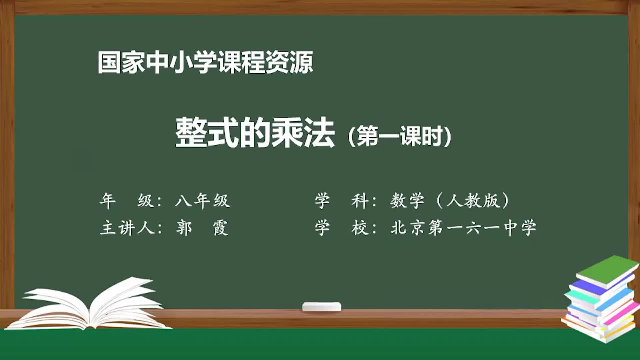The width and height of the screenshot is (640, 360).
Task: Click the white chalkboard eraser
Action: click(x=322, y=306)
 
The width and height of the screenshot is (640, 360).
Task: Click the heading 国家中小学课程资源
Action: click(x=205, y=62)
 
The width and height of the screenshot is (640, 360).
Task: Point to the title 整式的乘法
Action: click(x=255, y=133)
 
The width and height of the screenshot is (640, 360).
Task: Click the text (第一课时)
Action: click(x=399, y=136)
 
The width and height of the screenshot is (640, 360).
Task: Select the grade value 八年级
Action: click(x=202, y=201)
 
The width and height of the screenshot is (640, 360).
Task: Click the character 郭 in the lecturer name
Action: click(x=184, y=228)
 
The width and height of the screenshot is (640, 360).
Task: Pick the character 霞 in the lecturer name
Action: click(x=221, y=228)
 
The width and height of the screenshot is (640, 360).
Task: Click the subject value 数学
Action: click(x=407, y=201)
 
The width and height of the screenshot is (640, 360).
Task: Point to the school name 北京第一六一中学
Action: click(x=463, y=228)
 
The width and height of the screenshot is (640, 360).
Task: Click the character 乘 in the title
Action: click(x=287, y=133)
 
